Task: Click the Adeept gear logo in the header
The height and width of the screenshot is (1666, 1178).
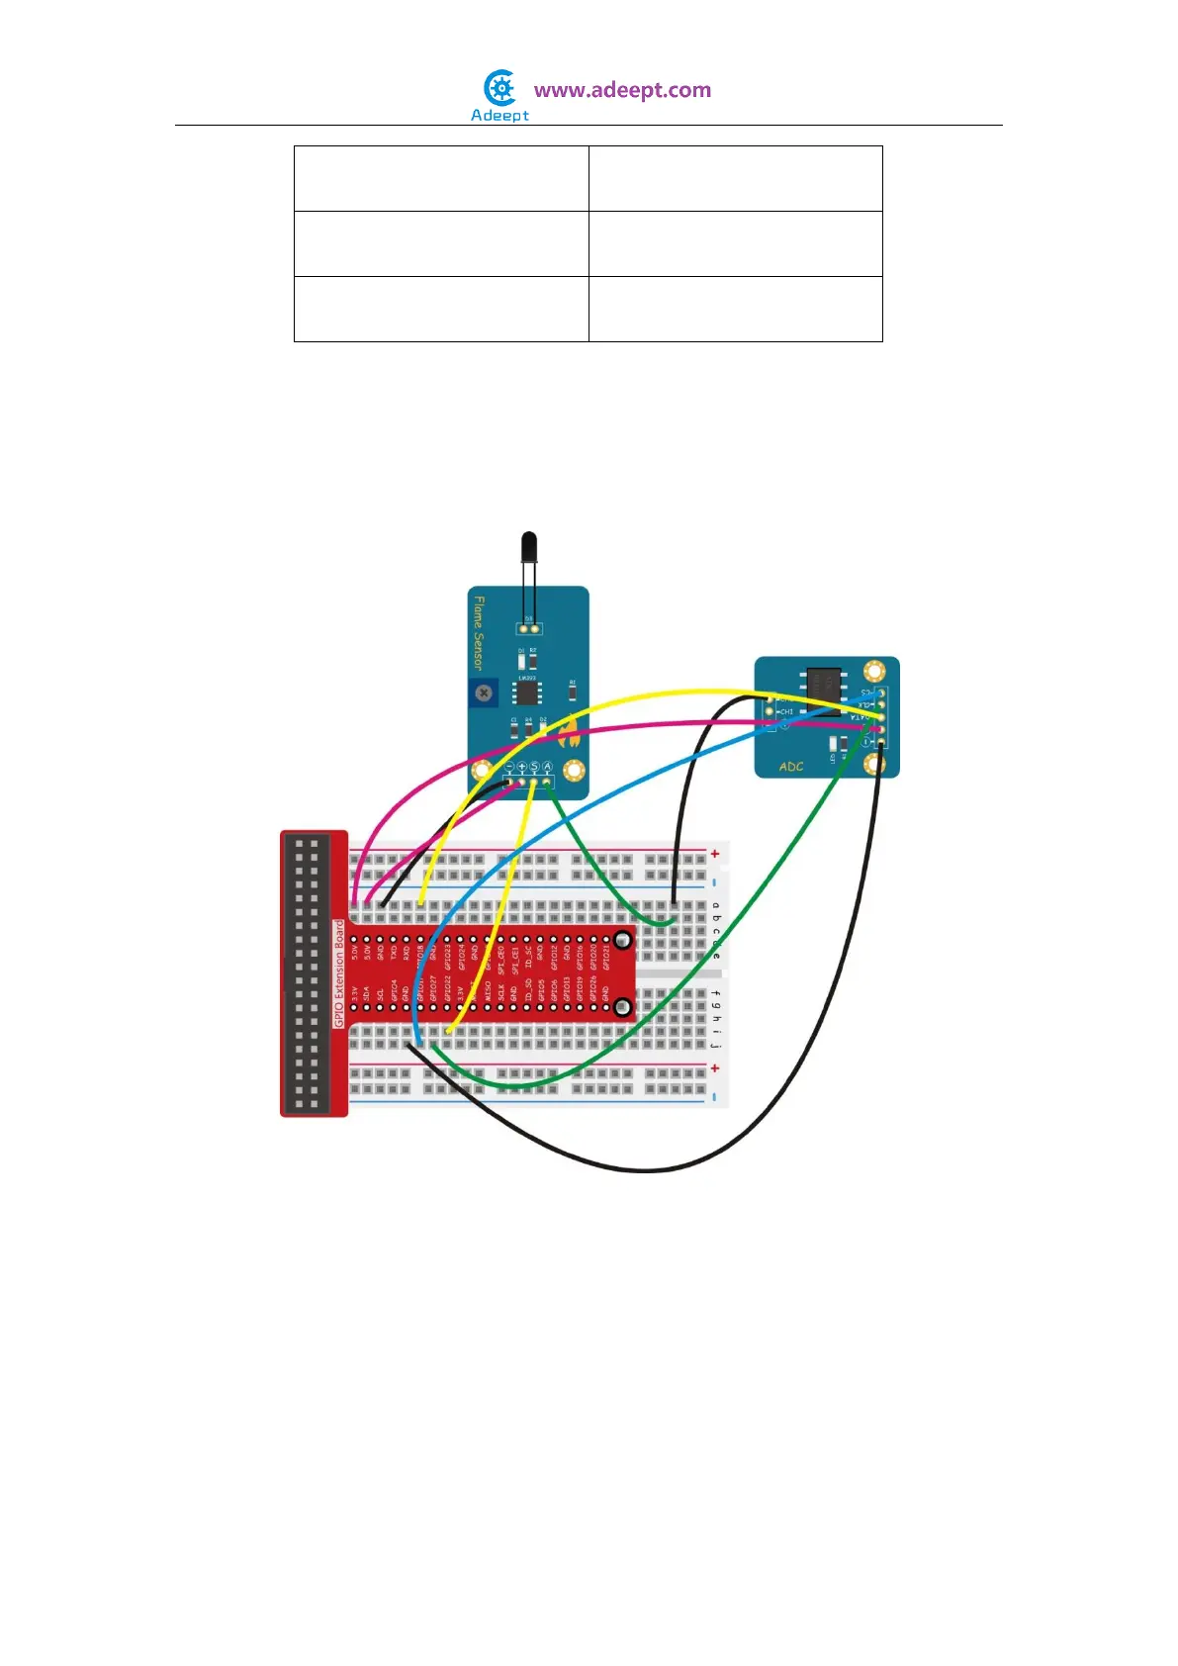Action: tap(501, 89)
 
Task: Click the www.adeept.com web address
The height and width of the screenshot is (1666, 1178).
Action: tap(622, 90)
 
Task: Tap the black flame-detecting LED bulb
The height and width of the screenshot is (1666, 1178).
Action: tap(529, 546)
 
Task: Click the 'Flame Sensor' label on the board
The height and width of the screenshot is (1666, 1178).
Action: tap(479, 632)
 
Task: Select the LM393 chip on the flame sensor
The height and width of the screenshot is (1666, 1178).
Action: tap(527, 692)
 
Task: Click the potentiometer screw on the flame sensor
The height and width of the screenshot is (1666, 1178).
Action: tap(484, 693)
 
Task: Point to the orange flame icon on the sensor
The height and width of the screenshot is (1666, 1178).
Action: tap(569, 732)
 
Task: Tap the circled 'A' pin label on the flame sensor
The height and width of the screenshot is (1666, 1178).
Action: tap(547, 767)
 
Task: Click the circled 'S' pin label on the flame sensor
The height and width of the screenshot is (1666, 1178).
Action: tap(534, 767)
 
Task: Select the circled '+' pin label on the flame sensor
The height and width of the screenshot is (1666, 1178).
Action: tap(522, 767)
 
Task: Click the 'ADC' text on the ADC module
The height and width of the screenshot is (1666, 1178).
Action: tap(791, 767)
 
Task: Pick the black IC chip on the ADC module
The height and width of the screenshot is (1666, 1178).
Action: tap(824, 684)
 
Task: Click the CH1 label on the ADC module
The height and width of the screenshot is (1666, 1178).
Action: tap(786, 711)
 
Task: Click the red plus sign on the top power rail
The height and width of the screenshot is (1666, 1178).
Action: tap(714, 853)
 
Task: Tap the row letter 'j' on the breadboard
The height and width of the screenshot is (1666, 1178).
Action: tap(715, 1045)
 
